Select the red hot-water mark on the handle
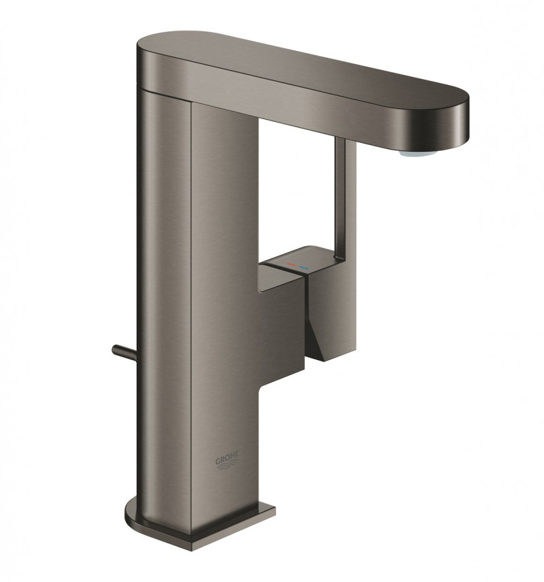point(290,261)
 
